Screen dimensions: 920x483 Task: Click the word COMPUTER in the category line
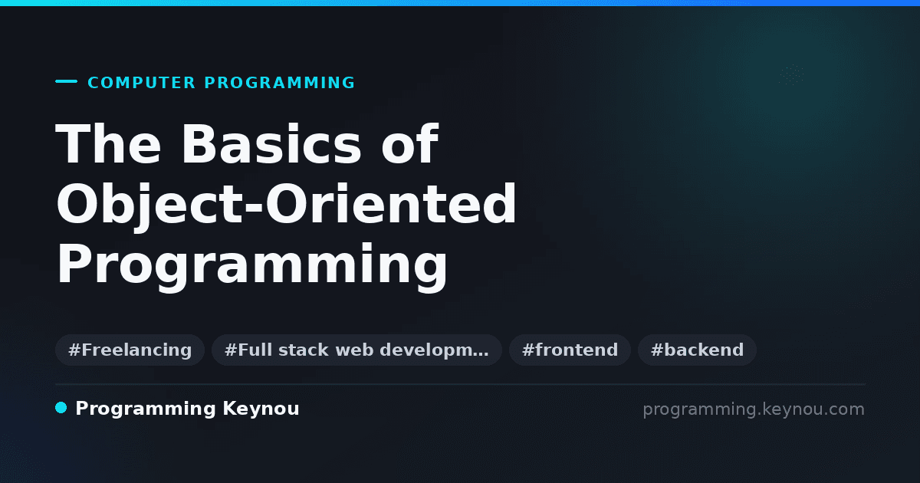(x=141, y=83)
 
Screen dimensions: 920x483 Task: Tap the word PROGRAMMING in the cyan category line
(x=279, y=83)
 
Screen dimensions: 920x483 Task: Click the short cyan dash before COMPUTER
(x=66, y=81)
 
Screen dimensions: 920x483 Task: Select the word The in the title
(x=108, y=144)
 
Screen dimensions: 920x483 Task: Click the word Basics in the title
(x=271, y=144)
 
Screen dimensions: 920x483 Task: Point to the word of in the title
(x=410, y=144)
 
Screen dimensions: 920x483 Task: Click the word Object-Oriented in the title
(x=286, y=205)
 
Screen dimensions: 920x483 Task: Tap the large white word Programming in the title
(x=251, y=265)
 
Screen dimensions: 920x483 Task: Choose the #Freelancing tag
(x=130, y=350)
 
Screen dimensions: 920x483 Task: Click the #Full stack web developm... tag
(x=356, y=350)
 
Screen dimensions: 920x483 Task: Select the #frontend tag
(x=570, y=350)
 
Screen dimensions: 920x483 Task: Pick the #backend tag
(x=697, y=350)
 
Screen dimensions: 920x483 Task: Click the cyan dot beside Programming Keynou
(x=61, y=408)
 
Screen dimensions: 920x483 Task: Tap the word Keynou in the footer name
(x=261, y=409)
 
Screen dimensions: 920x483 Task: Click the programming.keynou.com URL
(x=754, y=409)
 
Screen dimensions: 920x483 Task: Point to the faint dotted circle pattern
(x=791, y=75)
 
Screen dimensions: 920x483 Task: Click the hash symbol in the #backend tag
(x=656, y=350)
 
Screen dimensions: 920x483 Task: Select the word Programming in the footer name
(x=146, y=409)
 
